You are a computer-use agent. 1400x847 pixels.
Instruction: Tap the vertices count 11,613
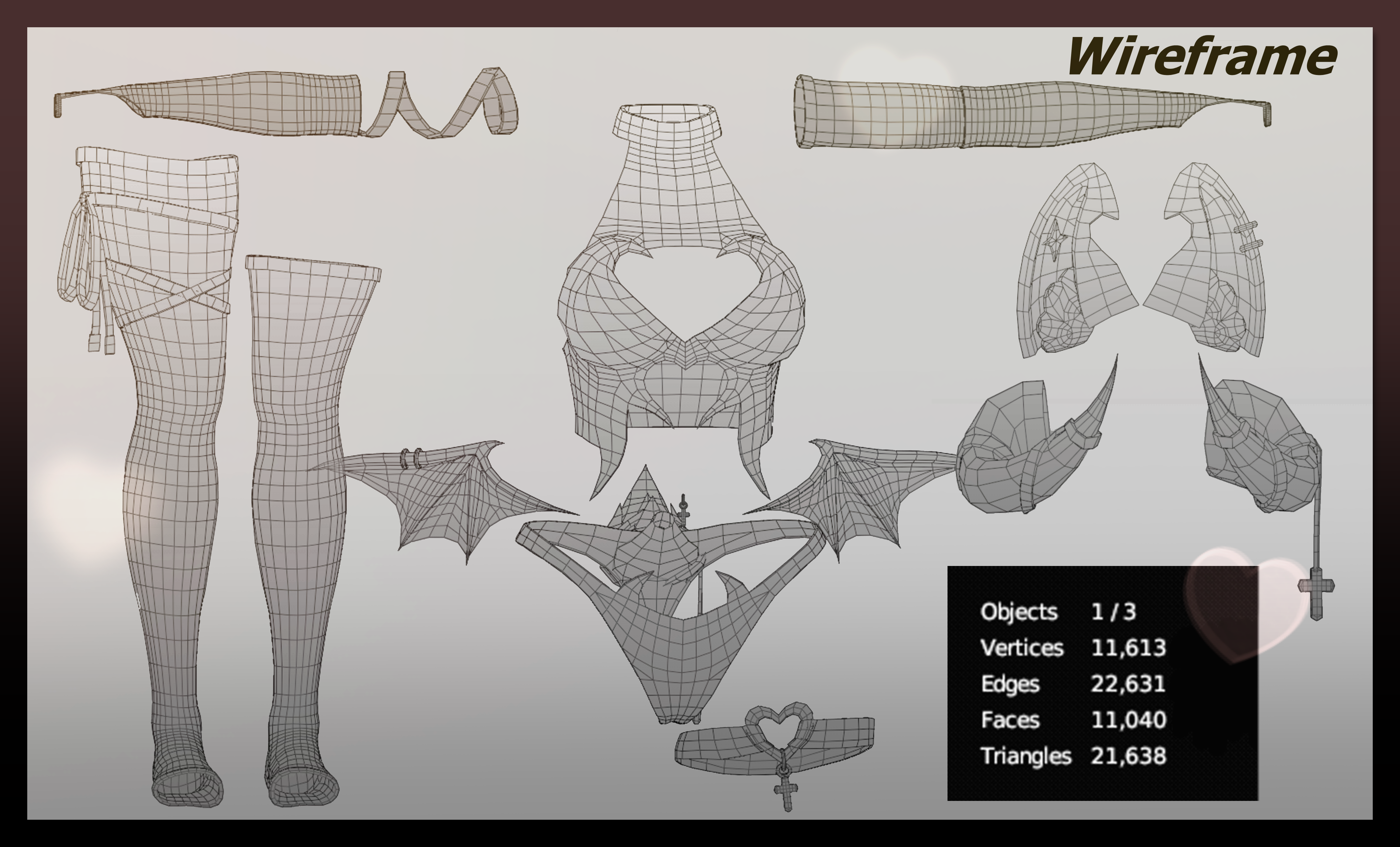click(1128, 647)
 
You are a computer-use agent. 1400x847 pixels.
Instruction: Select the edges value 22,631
click(1128, 683)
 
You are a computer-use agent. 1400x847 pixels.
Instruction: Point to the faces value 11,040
click(1128, 720)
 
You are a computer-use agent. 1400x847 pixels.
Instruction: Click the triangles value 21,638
click(1128, 755)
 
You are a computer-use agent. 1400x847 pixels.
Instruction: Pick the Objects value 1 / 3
click(1113, 612)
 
